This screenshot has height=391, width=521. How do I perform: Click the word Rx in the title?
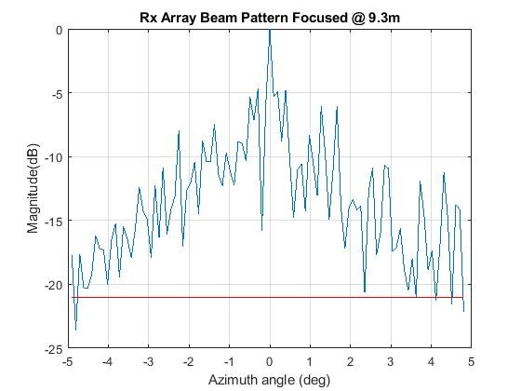(x=163, y=15)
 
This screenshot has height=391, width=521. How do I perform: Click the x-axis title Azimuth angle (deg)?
(x=270, y=380)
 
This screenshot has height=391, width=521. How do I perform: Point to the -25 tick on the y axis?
(x=53, y=348)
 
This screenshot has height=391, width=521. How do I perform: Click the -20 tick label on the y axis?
(x=53, y=285)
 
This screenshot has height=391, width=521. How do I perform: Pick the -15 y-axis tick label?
(x=53, y=221)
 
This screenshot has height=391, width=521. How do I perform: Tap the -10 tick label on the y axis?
(x=53, y=157)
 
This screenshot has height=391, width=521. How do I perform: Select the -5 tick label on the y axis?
(x=56, y=93)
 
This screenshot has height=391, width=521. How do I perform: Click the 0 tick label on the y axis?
(x=59, y=30)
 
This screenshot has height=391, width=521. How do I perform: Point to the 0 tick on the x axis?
(x=270, y=361)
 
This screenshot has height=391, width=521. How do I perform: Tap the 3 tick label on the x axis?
(x=391, y=361)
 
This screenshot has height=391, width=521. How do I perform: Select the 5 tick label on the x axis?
(x=471, y=361)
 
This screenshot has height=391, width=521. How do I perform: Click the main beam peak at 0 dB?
(x=270, y=31)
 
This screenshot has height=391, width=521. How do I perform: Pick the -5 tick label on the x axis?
(x=67, y=361)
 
